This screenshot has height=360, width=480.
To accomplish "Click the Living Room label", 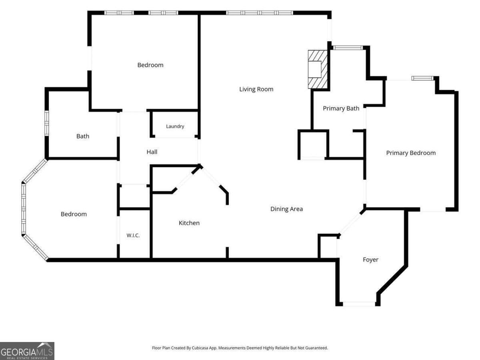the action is click(x=256, y=89).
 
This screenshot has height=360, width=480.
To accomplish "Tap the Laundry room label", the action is click(x=175, y=126).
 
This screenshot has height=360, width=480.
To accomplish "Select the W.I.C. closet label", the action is click(x=133, y=236).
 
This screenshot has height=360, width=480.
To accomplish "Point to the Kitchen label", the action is click(x=189, y=223).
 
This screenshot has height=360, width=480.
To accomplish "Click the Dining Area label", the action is click(x=286, y=209).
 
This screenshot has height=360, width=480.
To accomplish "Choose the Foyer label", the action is click(x=370, y=260).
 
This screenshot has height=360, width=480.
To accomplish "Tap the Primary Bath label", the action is click(x=341, y=108).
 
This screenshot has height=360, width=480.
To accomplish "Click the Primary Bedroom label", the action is click(x=411, y=153).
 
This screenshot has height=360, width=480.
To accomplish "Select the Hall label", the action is click(x=152, y=152).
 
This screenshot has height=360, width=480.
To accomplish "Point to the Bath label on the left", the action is click(x=83, y=136).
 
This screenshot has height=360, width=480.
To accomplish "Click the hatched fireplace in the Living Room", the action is click(x=318, y=69).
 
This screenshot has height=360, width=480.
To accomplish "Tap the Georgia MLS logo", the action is click(x=27, y=351).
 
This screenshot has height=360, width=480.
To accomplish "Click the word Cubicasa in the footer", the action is click(x=200, y=348).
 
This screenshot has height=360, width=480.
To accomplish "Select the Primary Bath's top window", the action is click(x=348, y=48).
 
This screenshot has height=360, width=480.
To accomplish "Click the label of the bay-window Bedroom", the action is click(x=74, y=214).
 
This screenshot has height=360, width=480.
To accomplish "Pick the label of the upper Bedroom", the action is click(x=150, y=65).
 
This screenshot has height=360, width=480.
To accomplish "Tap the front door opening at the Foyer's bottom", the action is click(x=359, y=304).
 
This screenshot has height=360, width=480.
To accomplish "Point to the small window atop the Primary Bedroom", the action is click(x=422, y=78).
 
